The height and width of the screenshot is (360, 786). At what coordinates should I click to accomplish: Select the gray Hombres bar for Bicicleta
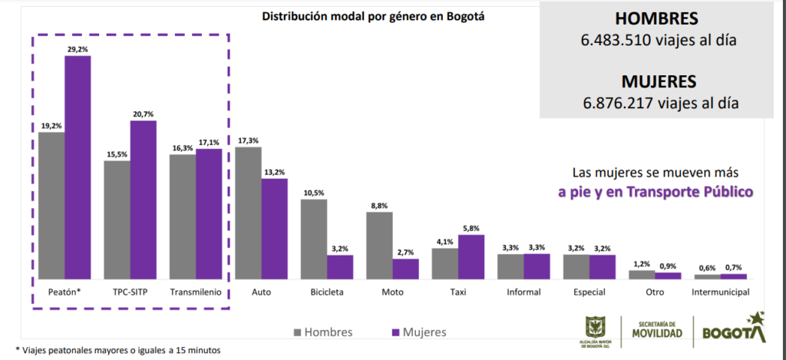click(314, 239)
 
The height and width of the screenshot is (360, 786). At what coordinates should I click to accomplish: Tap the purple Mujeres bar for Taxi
click(471, 256)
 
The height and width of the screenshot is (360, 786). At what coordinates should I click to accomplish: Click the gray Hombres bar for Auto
click(248, 213)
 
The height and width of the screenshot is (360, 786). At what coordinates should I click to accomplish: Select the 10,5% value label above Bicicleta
click(313, 193)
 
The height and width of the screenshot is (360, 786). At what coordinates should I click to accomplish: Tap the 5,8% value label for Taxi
click(471, 228)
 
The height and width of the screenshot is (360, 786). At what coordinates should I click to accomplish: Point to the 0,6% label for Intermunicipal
click(707, 268)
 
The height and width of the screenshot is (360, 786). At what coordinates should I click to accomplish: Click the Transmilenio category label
click(196, 292)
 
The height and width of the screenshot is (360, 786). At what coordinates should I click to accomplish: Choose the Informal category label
click(523, 292)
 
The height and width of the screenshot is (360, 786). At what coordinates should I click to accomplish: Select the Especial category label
click(589, 292)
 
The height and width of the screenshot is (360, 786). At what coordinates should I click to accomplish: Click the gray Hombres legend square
click(297, 332)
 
